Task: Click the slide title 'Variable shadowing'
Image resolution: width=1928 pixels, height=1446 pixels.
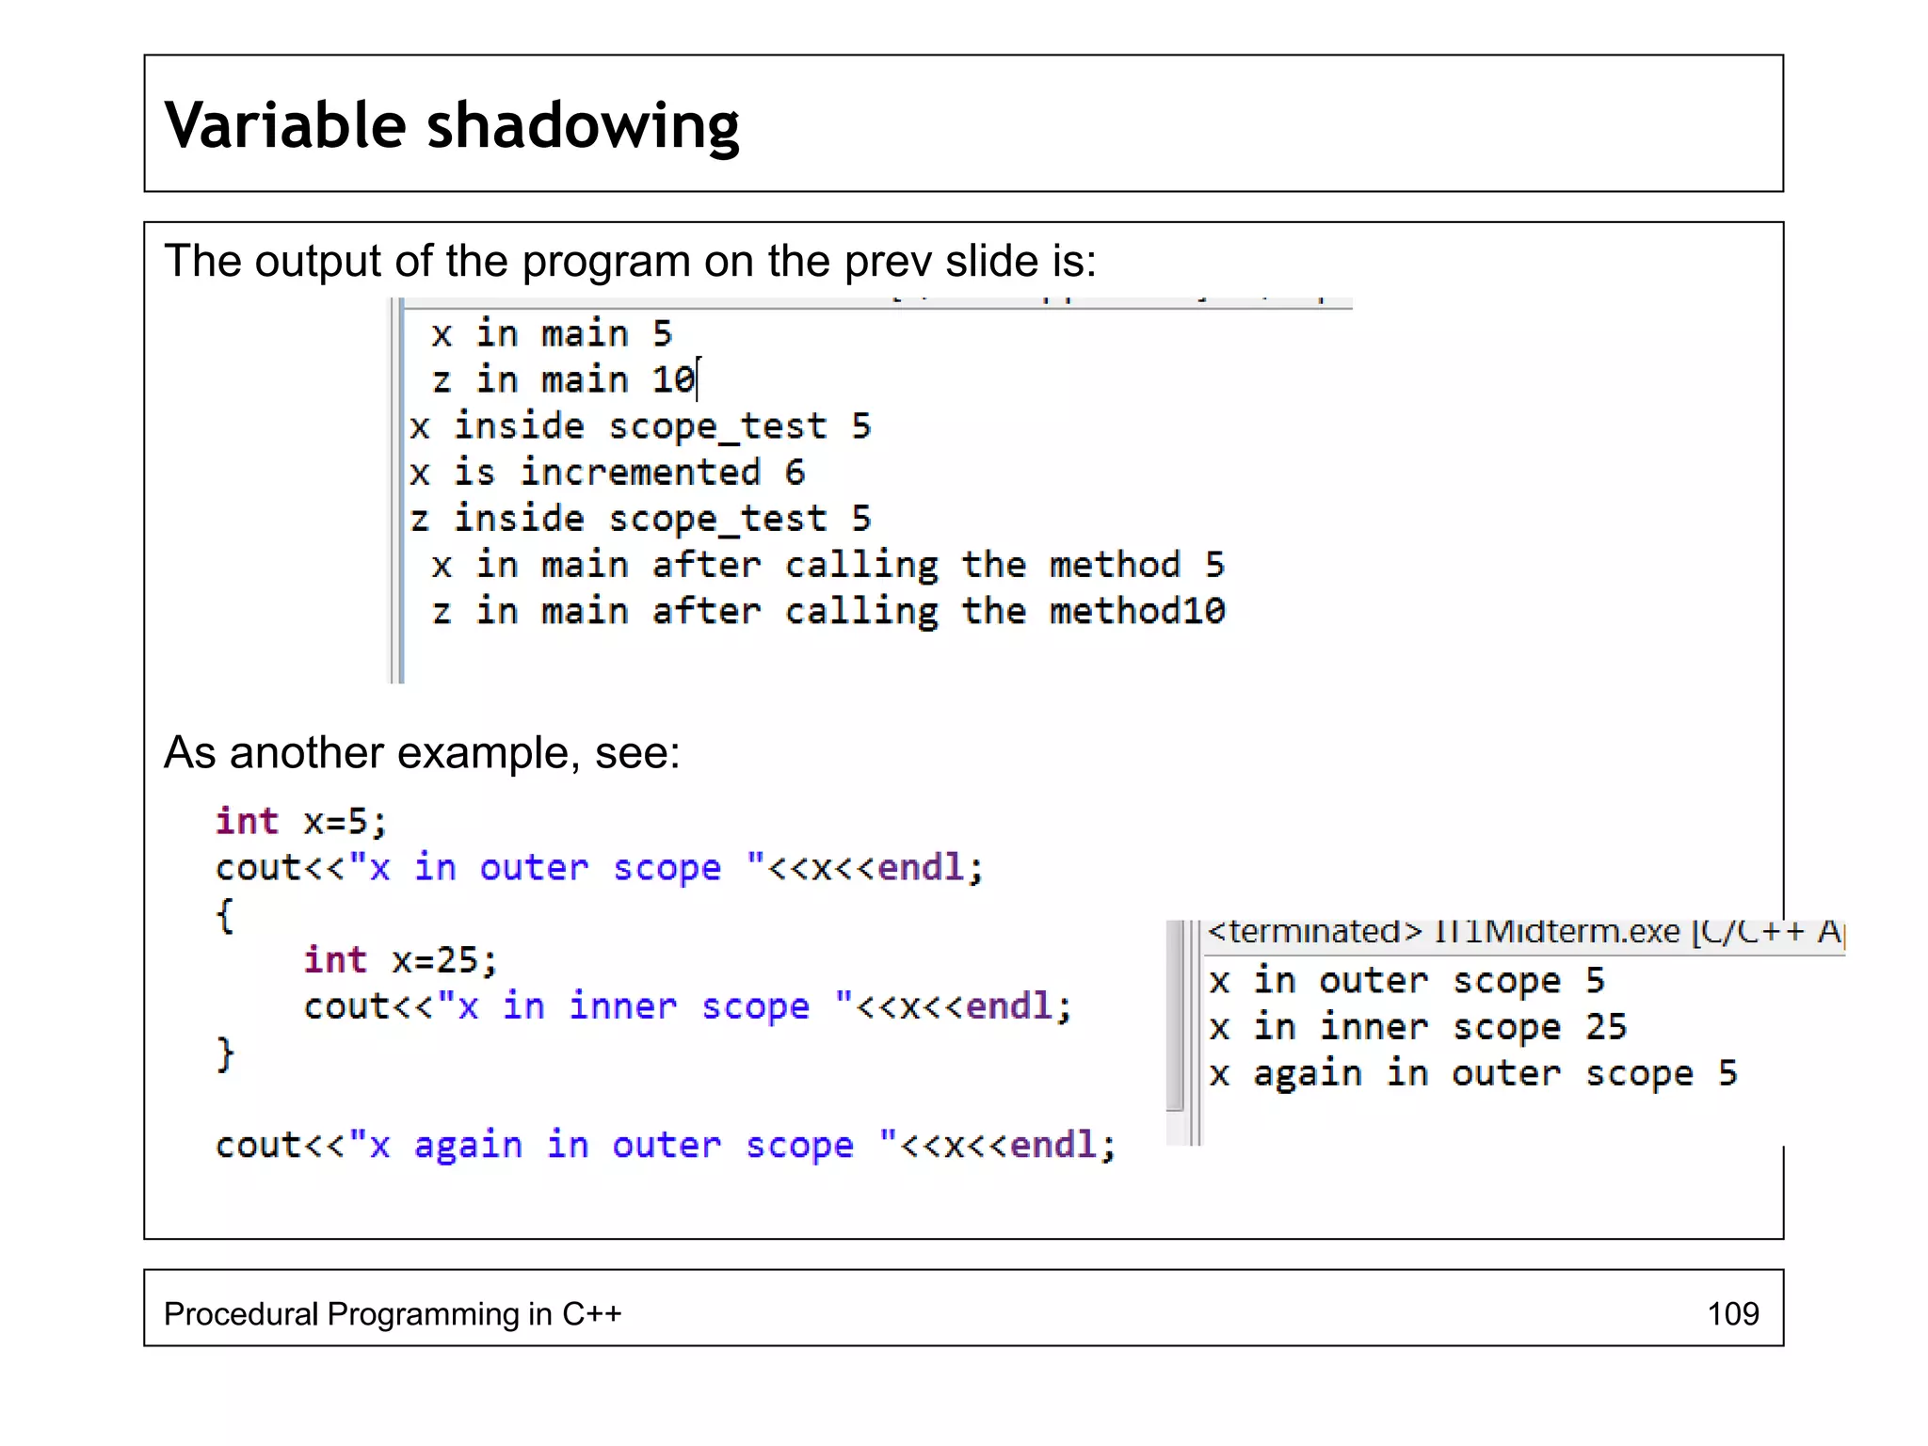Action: tap(452, 125)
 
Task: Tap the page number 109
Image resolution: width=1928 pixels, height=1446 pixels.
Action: tap(1732, 1313)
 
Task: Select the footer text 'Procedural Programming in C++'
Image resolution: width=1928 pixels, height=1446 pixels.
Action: tap(393, 1313)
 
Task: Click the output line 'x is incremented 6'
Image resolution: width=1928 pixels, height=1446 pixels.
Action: tap(607, 473)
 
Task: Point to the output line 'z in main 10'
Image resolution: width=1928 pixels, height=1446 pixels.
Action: tap(563, 380)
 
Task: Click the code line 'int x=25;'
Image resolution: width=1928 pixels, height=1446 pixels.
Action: tap(400, 960)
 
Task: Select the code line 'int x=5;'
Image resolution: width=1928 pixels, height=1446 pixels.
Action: tap(301, 822)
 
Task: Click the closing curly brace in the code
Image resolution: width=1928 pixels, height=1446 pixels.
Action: tap(225, 1053)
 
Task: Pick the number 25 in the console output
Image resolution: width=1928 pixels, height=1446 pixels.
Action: tap(1605, 1027)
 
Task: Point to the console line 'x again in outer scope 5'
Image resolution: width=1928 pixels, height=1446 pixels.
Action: tap(1473, 1073)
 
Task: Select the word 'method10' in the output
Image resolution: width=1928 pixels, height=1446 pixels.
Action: tap(1137, 612)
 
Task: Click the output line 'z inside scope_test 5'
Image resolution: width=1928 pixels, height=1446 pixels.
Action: tap(640, 519)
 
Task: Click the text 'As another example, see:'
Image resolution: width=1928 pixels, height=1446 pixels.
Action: tap(422, 753)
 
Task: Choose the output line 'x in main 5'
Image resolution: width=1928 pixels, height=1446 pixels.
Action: tap(552, 334)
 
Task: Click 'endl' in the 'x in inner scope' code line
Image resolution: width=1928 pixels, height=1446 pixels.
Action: tap(1009, 1006)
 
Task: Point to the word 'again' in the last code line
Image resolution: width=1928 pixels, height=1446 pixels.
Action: tap(468, 1146)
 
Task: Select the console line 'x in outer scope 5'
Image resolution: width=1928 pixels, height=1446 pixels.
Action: tap(1406, 981)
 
